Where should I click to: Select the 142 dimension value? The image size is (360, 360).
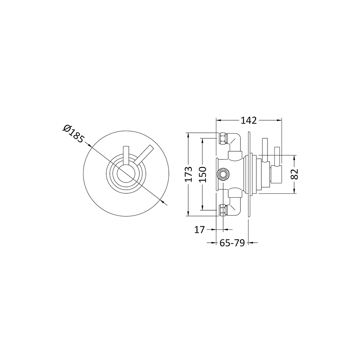pyautogui.click(x=249, y=120)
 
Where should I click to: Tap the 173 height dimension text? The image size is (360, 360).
pyautogui.click(x=193, y=174)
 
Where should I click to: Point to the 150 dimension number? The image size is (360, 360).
pyautogui.click(x=203, y=174)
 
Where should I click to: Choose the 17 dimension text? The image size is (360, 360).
pyautogui.click(x=199, y=229)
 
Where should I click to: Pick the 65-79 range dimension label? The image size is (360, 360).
pyautogui.click(x=232, y=243)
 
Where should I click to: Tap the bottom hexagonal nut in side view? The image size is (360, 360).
pyautogui.click(x=222, y=210)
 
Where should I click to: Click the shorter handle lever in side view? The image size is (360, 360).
pyautogui.click(x=277, y=156)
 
